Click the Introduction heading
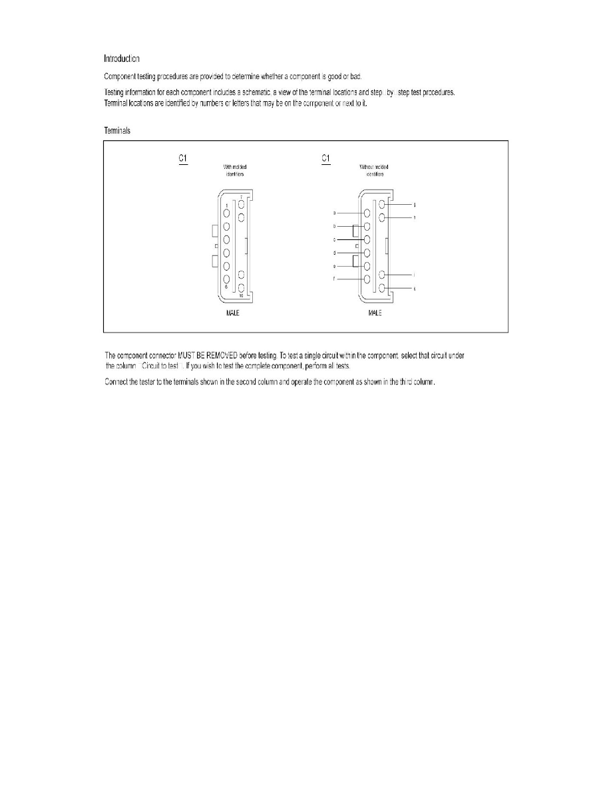pos(121,59)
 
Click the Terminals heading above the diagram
pos(116,131)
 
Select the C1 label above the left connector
pos(183,159)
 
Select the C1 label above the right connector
pos(326,159)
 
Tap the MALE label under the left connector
pos(228,313)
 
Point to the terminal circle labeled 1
pos(226,213)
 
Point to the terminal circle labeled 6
pos(226,279)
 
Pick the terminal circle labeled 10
pos(242,288)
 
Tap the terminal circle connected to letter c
pos(367,239)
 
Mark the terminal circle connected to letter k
pos(382,288)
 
